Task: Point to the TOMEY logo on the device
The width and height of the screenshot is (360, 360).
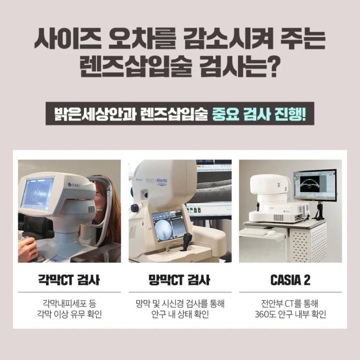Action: [74, 185]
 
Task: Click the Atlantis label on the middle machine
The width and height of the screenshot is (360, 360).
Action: [162, 181]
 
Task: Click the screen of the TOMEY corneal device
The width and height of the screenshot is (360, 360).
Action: [37, 194]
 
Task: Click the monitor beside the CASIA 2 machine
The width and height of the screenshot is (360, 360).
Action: [315, 186]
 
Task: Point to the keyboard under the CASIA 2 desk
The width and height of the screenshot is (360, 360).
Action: [253, 232]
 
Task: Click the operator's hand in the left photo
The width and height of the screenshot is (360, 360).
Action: [27, 249]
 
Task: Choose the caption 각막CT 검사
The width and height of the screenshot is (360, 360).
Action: [69, 280]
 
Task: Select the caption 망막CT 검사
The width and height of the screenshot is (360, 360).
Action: [179, 280]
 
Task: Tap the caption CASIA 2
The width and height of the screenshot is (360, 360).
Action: [290, 280]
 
